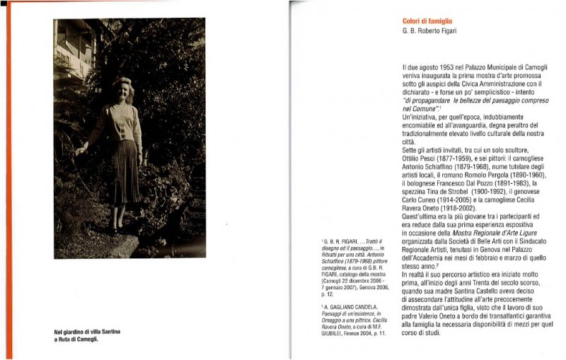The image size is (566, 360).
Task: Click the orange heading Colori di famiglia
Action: click(x=427, y=22)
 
